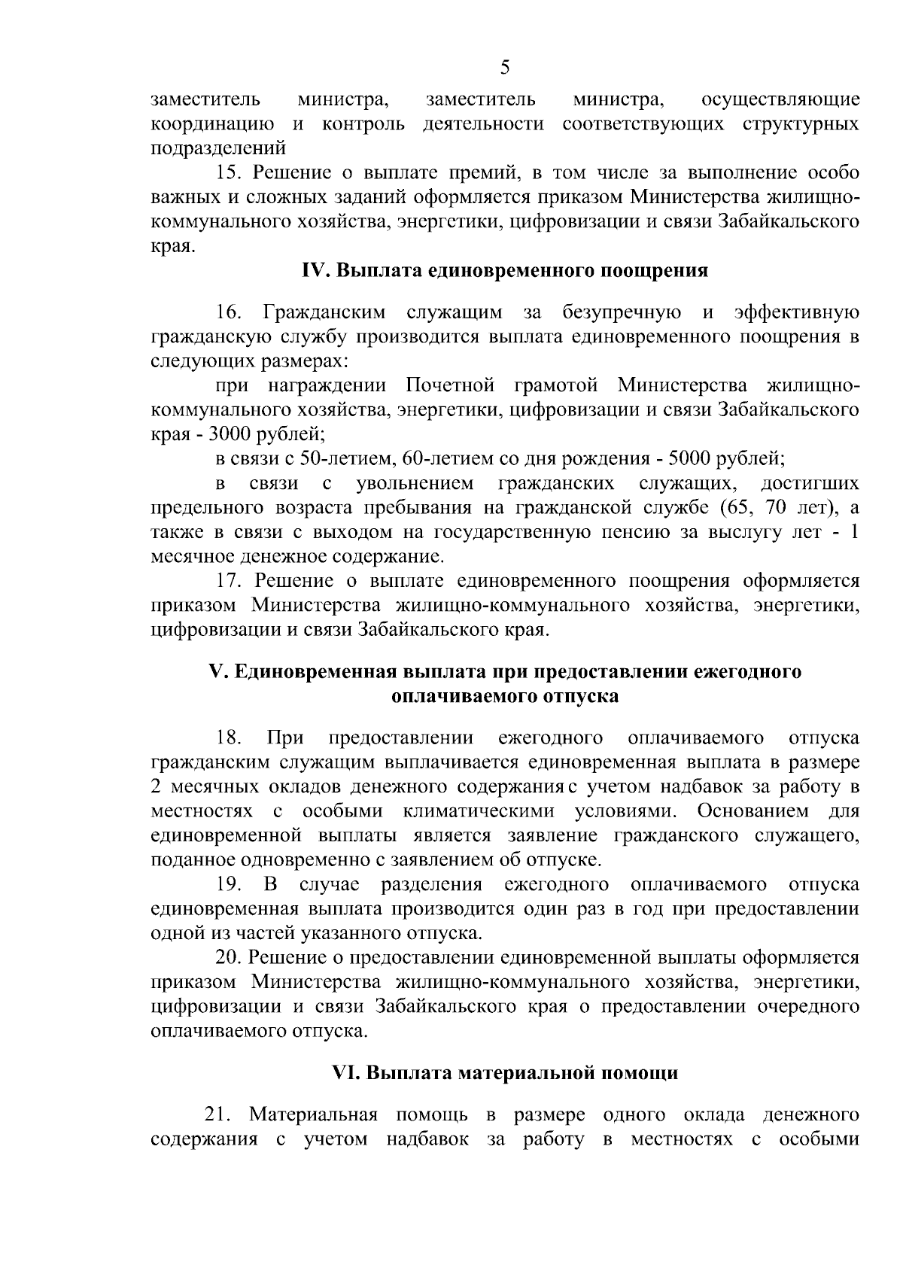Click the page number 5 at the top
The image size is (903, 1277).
click(505, 68)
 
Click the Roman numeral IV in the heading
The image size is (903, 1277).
click(312, 271)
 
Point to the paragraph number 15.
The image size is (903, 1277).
click(229, 173)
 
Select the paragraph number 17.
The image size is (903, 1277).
click(229, 581)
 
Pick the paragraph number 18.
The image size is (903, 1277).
click(229, 737)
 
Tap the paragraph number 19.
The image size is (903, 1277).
click(229, 883)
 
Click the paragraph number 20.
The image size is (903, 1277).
click(227, 957)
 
